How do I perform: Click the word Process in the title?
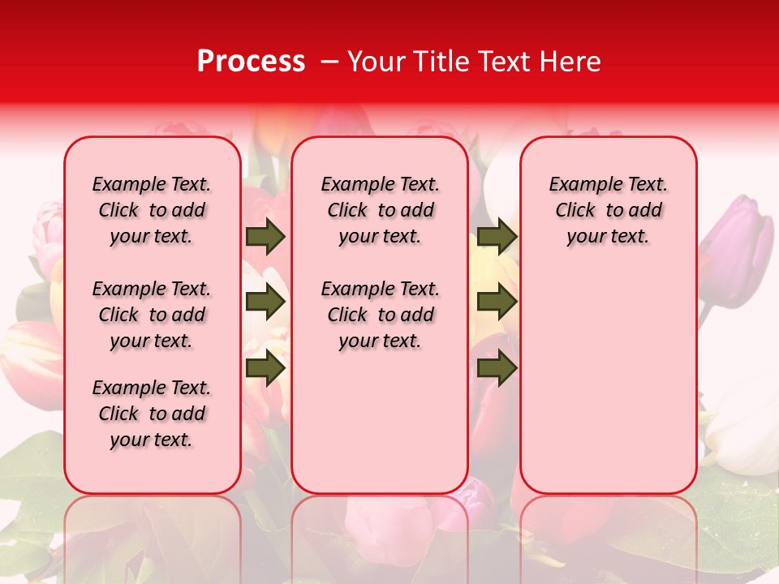click(x=251, y=62)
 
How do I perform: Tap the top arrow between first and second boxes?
click(x=265, y=237)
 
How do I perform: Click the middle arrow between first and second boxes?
click(x=265, y=303)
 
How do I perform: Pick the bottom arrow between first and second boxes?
click(x=265, y=368)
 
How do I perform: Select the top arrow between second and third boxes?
click(x=497, y=237)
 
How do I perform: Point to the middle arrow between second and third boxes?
click(x=497, y=303)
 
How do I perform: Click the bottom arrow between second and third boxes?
click(x=497, y=368)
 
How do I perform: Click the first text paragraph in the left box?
click(x=152, y=210)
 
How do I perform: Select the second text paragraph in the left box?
click(x=152, y=315)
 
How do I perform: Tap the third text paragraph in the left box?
click(x=152, y=414)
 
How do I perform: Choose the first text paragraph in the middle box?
click(x=380, y=210)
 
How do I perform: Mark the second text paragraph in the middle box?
click(x=380, y=315)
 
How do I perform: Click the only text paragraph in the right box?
click(x=609, y=210)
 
